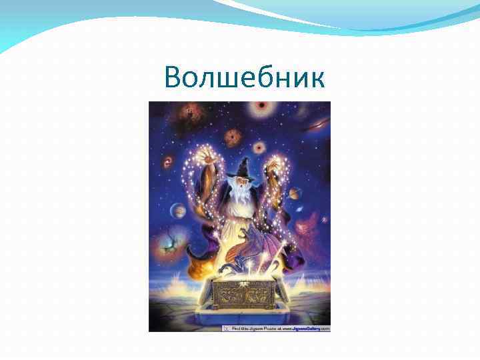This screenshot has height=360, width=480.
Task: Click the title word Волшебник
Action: point(245,79)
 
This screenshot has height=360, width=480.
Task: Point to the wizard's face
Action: point(239,181)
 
